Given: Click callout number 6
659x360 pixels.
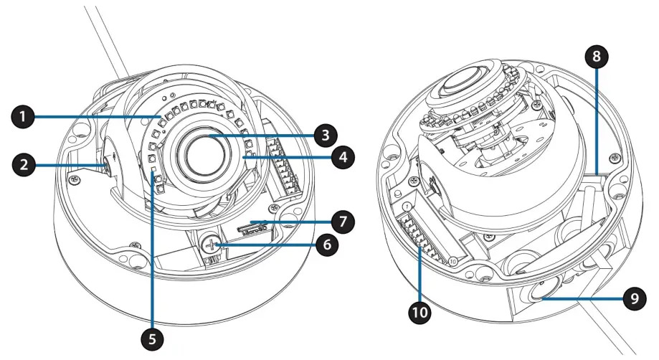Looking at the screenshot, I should pos(327,244).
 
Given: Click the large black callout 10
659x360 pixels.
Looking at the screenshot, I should pos(419,313).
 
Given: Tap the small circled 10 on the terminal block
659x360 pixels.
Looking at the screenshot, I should pos(452,262).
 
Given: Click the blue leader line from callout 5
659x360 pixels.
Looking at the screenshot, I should pos(153,251).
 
